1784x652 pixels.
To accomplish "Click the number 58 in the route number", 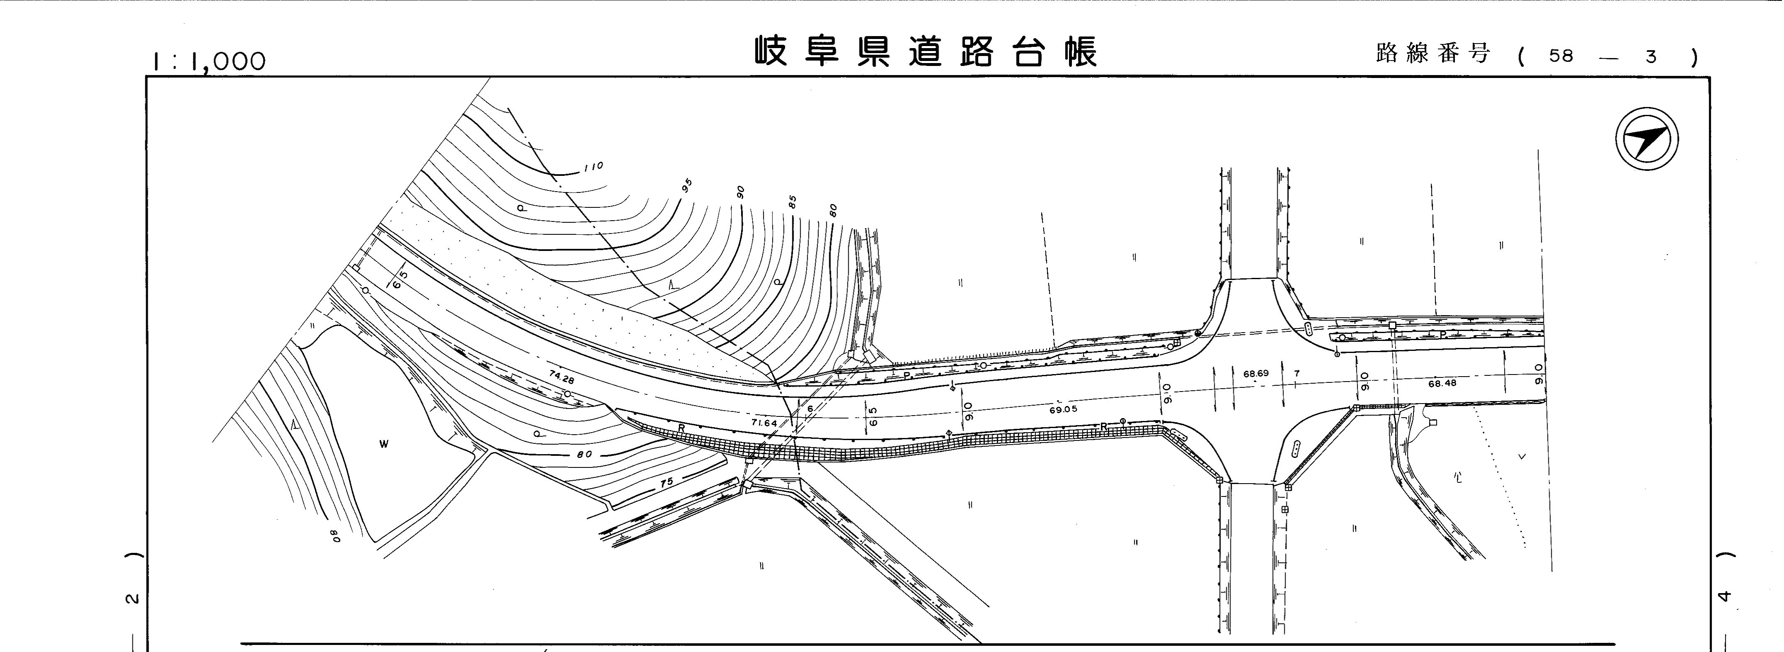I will pos(1561,56).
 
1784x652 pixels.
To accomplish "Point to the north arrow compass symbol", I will pos(1647,139).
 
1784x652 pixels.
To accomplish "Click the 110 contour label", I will pos(593,166).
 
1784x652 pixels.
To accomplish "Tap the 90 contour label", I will pos(740,192).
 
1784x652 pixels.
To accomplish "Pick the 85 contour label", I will pos(792,202).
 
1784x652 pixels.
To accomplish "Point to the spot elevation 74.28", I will pos(561,377).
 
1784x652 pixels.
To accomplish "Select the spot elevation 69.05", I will pos(1063,410).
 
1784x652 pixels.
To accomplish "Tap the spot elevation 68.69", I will pos(1256,374).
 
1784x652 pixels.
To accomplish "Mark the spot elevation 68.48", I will pos(1442,383).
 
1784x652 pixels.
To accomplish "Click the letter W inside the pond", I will pos(383,444).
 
